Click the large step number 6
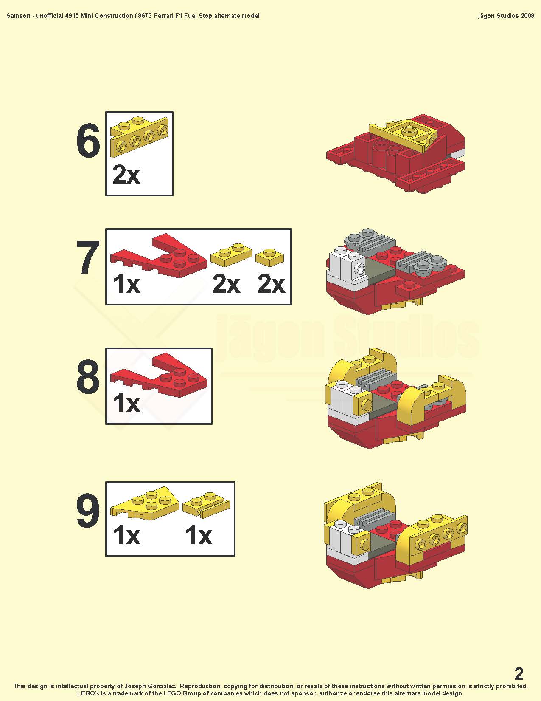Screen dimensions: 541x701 tap(88, 141)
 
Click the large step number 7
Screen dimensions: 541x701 tap(88, 257)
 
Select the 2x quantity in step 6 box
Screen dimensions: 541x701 tap(126, 175)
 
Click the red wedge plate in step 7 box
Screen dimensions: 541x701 tap(159, 255)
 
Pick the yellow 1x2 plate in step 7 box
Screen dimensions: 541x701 tap(231, 254)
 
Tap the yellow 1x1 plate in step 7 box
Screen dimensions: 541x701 tap(270, 257)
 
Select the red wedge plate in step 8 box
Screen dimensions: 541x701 tap(159, 375)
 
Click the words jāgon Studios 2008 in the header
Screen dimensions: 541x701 tap(506, 16)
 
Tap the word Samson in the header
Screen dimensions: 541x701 tap(18, 16)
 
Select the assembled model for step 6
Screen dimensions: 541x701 tap(396, 153)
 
